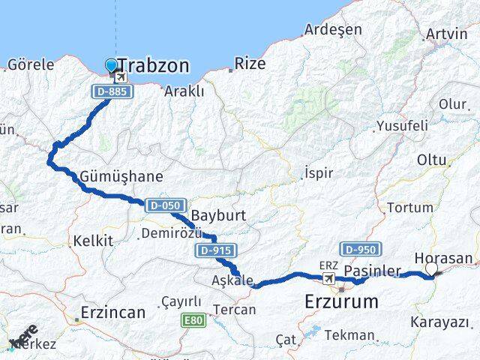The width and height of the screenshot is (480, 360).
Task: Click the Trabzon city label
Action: click(153, 66)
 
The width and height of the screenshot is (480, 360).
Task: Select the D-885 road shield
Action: click(113, 91)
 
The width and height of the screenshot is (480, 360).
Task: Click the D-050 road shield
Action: click(161, 205)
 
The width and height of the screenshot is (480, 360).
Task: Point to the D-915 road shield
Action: click(217, 250)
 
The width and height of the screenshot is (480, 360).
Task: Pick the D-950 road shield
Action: click(361, 249)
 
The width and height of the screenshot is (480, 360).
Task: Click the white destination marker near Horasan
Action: click(431, 269)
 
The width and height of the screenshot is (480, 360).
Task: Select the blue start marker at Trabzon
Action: click(112, 66)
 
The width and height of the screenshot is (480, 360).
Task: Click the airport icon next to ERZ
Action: click(328, 279)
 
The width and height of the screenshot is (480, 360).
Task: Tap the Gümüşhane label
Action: click(125, 177)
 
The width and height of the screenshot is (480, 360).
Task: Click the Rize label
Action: click(250, 64)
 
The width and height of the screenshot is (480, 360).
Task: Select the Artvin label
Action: click(445, 34)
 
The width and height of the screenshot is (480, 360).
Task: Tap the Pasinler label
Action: click(368, 269)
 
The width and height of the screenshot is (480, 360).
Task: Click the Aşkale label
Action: click(231, 280)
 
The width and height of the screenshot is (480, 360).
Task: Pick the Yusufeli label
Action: click(401, 125)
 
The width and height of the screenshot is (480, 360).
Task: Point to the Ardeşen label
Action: click(333, 30)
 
